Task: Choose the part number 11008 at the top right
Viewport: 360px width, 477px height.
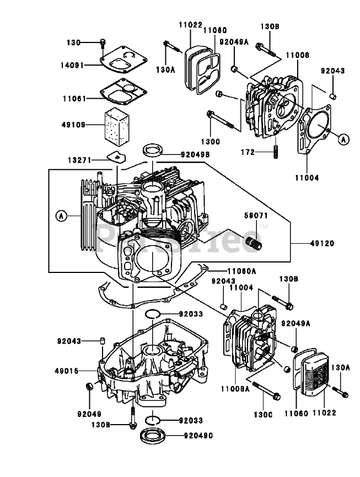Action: (298, 55)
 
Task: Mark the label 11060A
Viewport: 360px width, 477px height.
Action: (242, 271)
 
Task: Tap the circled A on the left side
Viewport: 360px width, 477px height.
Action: (61, 216)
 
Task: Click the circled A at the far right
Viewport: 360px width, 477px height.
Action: (342, 140)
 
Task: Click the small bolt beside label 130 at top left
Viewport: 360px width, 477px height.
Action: (103, 42)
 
